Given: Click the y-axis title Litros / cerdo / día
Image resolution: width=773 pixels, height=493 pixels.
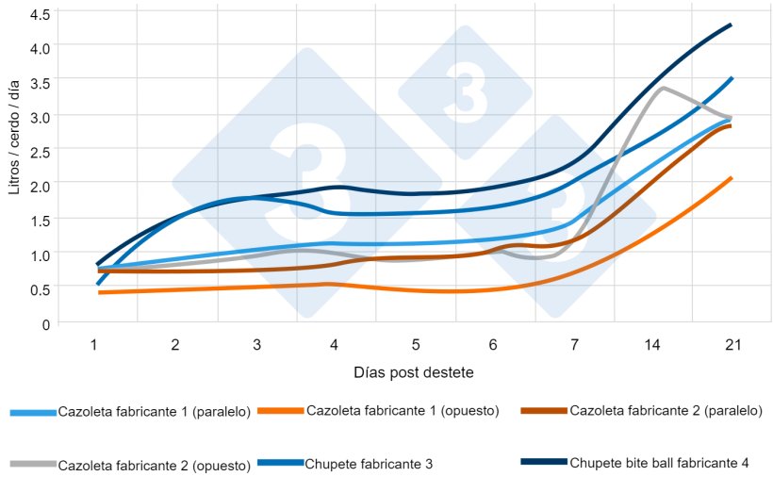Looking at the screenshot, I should tap(13, 139).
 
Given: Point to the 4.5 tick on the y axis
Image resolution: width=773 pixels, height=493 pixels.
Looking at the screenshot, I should tap(41, 15).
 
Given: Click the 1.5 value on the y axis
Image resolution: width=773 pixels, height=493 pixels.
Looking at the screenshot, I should tap(41, 221).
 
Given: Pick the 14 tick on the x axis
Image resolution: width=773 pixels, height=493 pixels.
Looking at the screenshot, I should tap(651, 346).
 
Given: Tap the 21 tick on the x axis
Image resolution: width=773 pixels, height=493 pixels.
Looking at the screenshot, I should tap(732, 346).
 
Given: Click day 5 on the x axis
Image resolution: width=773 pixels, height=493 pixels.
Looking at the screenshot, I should tap(416, 346).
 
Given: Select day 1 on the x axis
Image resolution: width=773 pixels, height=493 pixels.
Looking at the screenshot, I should tap(94, 346).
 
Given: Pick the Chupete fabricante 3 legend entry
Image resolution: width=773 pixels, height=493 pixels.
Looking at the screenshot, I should tap(369, 463).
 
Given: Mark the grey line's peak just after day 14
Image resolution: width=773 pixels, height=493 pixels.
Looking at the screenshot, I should tap(664, 88).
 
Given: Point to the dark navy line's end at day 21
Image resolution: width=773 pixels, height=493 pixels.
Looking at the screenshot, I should tap(732, 25).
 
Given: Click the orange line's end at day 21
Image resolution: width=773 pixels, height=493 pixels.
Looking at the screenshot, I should tap(732, 177).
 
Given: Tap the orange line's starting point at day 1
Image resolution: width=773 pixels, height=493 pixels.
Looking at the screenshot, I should tap(99, 293).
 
